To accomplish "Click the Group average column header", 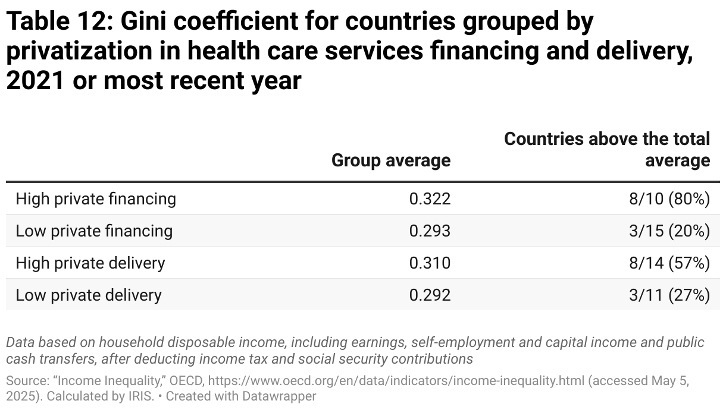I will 390,160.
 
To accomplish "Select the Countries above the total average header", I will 607,150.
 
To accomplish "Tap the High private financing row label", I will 96,198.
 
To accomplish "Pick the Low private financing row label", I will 94,231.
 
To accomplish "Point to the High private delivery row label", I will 90,263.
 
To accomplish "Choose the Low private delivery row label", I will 89,295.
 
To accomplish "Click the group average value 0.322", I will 430,198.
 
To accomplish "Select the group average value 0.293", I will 430,231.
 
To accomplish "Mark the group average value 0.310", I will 430,263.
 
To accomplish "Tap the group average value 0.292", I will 430,295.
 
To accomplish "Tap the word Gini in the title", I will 145,22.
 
